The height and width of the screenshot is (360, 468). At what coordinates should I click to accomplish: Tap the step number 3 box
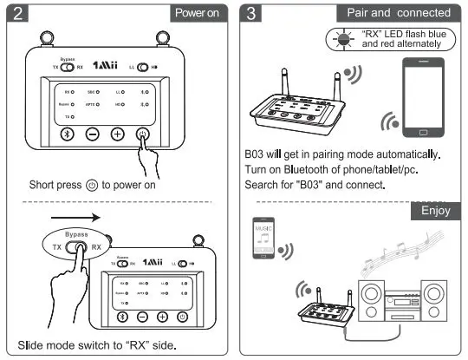point(251,13)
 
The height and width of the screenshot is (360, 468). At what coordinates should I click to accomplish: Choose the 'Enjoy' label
point(436,211)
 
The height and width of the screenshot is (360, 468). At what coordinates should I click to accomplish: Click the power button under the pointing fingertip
point(143,134)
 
